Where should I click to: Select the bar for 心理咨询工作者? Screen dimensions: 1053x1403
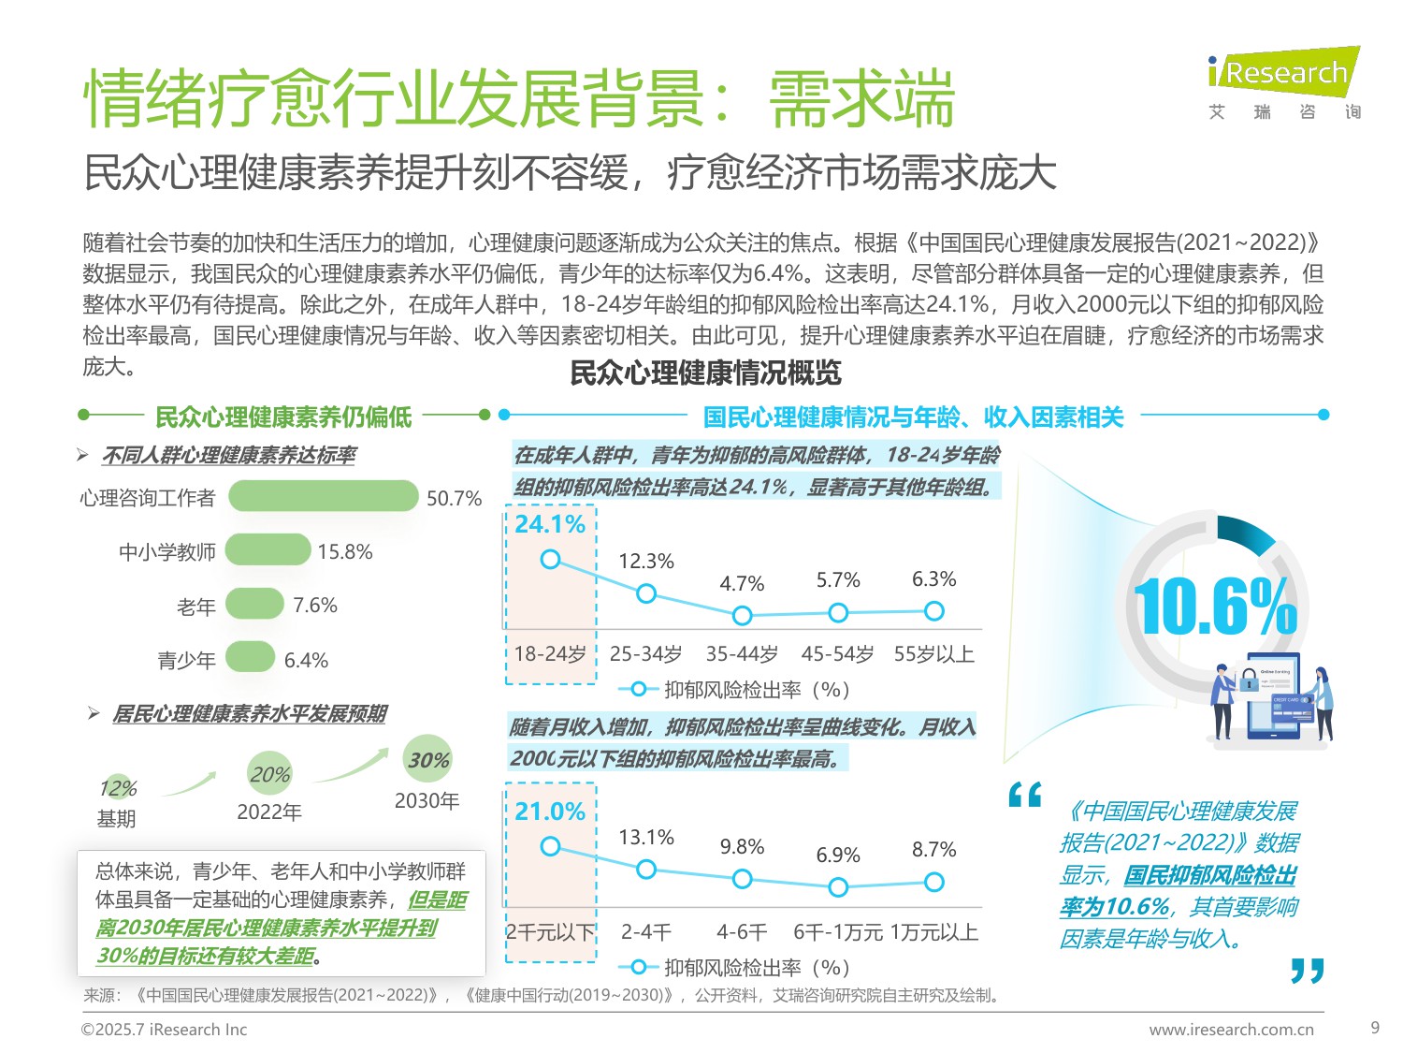(323, 496)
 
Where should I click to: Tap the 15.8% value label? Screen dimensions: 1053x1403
(344, 552)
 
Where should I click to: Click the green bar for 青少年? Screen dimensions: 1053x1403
(250, 658)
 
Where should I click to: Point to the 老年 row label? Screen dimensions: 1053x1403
(196, 607)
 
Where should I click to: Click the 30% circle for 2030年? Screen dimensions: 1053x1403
(427, 759)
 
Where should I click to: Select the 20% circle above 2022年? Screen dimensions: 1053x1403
(269, 774)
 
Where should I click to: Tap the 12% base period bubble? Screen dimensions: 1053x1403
(118, 788)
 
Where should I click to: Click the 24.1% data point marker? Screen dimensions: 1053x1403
(551, 560)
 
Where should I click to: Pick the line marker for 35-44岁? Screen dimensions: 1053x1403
(742, 616)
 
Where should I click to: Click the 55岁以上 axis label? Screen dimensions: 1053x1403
(933, 654)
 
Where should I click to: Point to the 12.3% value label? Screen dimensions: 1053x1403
(645, 562)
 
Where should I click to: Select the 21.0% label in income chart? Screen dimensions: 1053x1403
(550, 812)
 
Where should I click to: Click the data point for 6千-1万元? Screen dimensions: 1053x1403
(838, 886)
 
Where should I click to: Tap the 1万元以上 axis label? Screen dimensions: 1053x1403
(933, 932)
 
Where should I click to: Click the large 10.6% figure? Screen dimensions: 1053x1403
(1214, 607)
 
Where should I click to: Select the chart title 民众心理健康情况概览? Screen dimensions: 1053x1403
(705, 373)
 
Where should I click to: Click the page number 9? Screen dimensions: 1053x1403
(1374, 1028)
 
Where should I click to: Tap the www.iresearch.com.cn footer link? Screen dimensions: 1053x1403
(1231, 1030)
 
